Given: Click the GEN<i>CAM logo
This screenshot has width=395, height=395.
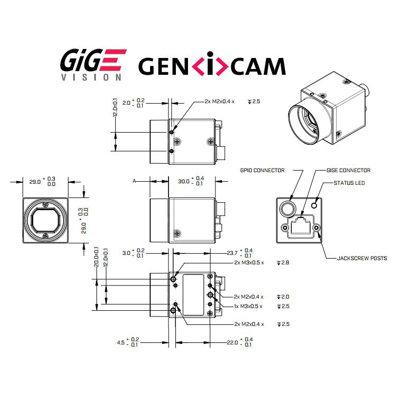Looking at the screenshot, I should coord(212,66).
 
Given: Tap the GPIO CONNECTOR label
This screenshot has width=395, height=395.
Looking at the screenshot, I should coord(262,170).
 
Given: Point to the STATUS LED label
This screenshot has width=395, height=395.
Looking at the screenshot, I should coord(349,183).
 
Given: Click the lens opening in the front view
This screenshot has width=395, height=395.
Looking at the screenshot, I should coord(46,220).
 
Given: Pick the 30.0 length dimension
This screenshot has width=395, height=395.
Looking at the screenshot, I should coord(184,181).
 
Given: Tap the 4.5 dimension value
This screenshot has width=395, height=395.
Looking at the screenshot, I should coord(121,343).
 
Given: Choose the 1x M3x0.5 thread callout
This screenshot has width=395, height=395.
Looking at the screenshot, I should coord(248,307).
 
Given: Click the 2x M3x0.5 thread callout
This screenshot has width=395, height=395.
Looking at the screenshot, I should coord(248,262).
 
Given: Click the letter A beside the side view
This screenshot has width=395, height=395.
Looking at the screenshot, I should coord(135,181).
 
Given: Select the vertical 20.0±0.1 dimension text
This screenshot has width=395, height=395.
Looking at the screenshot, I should coord(96,258).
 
